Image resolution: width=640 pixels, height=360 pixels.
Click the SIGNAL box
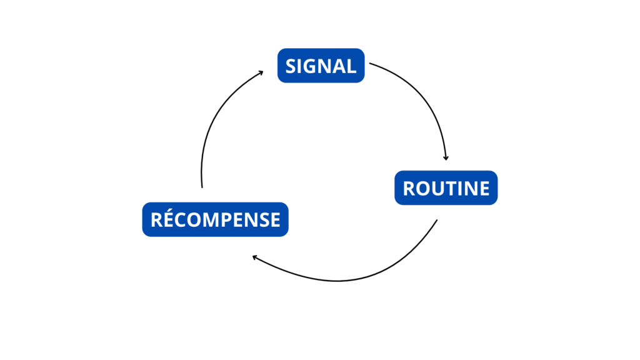pyautogui.click(x=321, y=66)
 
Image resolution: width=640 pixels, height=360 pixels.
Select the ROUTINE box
pyautogui.click(x=446, y=187)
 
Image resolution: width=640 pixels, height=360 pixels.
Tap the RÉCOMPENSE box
pyautogui.click(x=215, y=219)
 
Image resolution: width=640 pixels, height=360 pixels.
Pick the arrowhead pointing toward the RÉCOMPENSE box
pyautogui.click(x=255, y=257)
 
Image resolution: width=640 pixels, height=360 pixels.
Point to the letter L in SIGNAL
pyautogui.click(x=352, y=66)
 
